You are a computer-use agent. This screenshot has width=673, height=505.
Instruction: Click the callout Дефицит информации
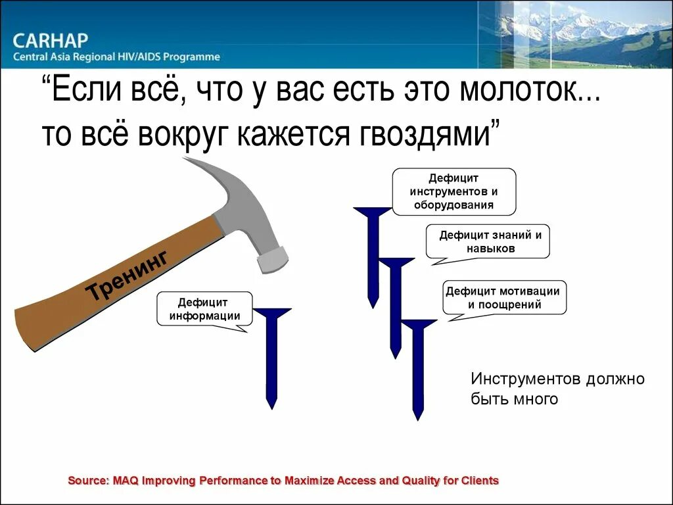[204, 308]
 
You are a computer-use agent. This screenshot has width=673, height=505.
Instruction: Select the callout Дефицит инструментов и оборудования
[453, 191]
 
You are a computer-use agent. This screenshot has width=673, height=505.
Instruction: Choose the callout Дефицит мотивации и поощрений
[504, 297]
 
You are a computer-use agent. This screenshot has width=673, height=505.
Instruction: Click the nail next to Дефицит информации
[271, 355]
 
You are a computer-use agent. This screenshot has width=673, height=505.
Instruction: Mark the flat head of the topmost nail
[373, 211]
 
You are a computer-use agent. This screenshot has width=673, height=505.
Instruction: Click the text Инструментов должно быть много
[557, 389]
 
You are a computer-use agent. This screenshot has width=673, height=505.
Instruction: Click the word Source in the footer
[87, 481]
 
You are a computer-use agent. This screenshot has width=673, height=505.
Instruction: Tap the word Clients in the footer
[480, 481]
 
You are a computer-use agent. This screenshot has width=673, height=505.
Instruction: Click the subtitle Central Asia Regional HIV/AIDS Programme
[116, 57]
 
